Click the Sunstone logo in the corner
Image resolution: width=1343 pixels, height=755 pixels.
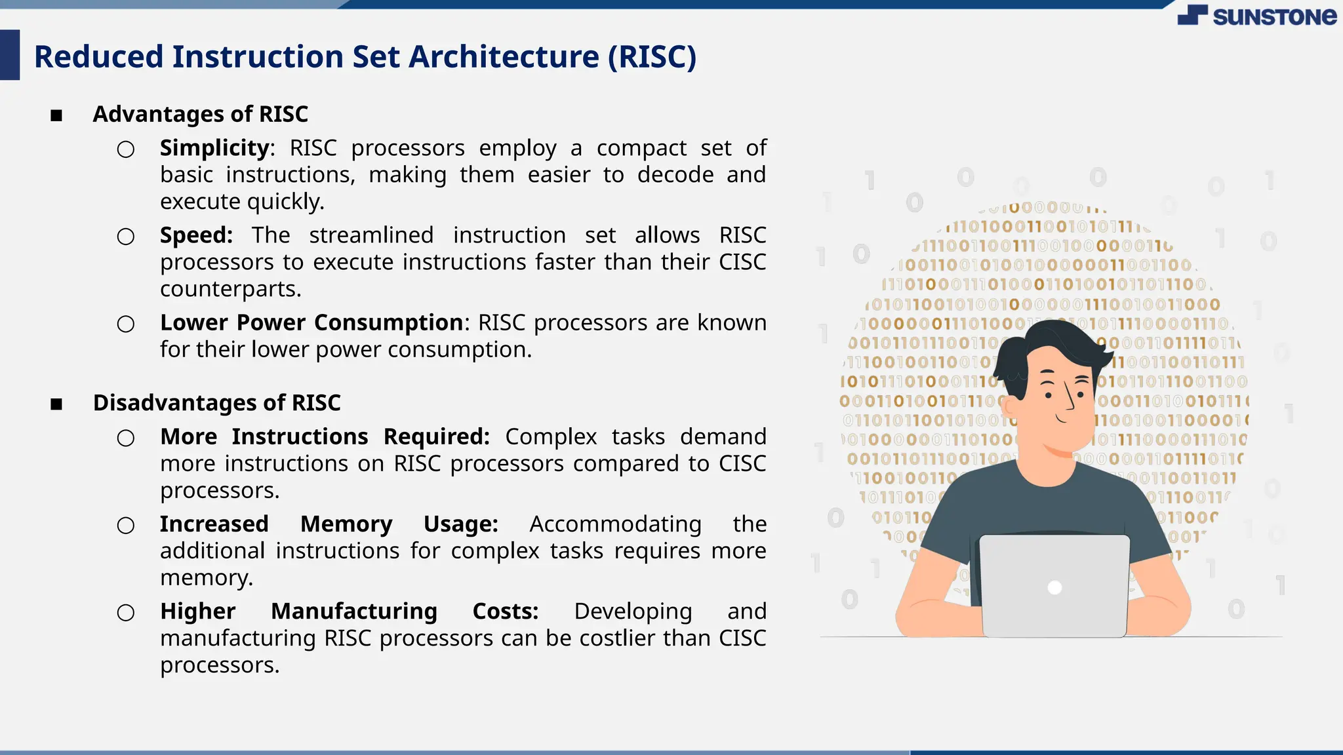(x=1256, y=15)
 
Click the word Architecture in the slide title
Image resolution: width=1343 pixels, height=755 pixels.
(x=504, y=56)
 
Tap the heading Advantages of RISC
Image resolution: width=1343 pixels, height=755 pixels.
(x=200, y=114)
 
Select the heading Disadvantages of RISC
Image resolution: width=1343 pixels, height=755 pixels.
(x=216, y=402)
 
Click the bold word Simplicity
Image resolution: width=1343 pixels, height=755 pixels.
(x=214, y=148)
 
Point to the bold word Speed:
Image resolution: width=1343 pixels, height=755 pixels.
(x=196, y=235)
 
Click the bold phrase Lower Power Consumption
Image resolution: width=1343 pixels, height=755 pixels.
(x=311, y=322)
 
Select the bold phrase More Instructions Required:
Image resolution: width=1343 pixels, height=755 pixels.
(x=325, y=436)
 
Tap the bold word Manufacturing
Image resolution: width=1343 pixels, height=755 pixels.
(x=353, y=611)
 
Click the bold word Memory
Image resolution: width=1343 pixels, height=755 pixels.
(x=346, y=524)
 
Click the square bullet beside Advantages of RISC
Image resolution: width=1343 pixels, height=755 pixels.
(x=56, y=116)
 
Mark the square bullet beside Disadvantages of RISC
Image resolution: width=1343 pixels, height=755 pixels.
(x=56, y=404)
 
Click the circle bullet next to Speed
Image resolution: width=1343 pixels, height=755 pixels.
(x=126, y=237)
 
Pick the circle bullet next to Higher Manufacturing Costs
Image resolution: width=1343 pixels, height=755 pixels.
(x=126, y=613)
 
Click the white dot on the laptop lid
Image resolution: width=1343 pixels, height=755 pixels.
(x=1054, y=587)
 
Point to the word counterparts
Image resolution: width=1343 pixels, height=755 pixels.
(x=230, y=289)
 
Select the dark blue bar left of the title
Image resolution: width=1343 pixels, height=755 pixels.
(x=10, y=55)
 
